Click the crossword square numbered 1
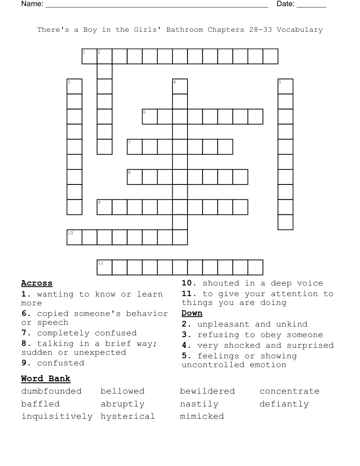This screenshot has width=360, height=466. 90,56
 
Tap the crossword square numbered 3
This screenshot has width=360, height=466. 75,86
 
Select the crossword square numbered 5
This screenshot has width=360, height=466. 285,86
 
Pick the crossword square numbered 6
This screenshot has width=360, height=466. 150,116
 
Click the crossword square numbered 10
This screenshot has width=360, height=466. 75,237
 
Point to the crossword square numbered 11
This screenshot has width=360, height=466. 105,267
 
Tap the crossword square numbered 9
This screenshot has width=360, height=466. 105,207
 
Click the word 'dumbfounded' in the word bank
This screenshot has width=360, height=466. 52,391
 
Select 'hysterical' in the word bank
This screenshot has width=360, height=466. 127,416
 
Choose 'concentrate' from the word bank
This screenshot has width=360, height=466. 289,391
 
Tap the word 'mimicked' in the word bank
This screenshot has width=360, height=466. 202,416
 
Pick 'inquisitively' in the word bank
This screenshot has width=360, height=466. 57,416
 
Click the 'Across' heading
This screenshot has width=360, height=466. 37,283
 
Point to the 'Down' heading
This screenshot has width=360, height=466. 192,313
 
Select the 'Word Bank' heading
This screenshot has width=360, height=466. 45,379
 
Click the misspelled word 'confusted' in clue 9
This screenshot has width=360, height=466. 60,363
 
